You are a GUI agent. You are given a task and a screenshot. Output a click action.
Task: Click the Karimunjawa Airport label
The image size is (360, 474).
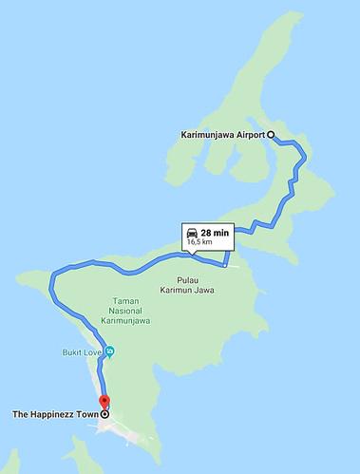click(222, 136)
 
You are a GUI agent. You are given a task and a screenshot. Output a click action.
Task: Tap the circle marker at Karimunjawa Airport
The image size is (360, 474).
click(271, 136)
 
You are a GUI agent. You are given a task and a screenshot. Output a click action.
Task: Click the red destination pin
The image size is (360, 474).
click(104, 403)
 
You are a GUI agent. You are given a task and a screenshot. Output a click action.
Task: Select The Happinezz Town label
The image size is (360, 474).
click(53, 415)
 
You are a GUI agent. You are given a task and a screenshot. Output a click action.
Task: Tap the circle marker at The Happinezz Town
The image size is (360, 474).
click(104, 415)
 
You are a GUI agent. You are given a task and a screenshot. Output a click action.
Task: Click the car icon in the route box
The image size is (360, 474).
click(192, 233)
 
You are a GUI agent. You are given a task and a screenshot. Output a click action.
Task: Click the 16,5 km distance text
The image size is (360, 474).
click(200, 243)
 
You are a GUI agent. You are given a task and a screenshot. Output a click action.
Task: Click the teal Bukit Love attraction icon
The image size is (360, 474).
click(111, 351)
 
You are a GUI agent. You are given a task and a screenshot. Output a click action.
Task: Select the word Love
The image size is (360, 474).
click(93, 351)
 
